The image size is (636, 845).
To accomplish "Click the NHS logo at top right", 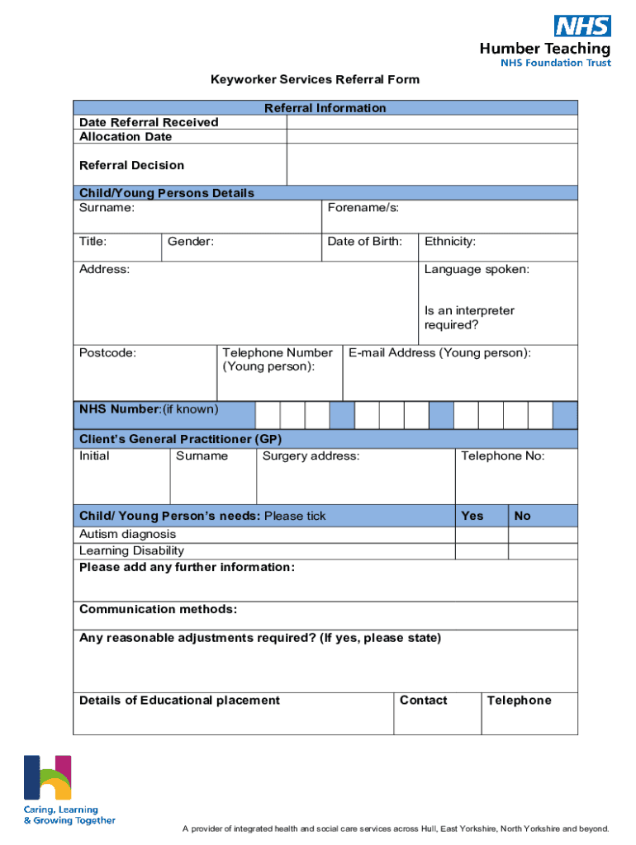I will [x=582, y=26].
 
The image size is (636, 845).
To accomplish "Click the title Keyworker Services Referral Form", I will [x=315, y=80].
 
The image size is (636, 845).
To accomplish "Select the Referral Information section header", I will [x=325, y=108].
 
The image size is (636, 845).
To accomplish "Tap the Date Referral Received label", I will [x=149, y=122].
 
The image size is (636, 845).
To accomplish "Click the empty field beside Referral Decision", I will [x=432, y=165].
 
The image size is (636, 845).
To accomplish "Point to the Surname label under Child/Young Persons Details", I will [x=107, y=208].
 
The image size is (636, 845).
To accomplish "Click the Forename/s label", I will [x=363, y=208].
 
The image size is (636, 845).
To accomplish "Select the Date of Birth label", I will [x=364, y=242].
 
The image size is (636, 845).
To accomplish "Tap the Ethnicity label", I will [x=450, y=242].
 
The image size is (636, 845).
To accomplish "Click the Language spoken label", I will [x=477, y=270].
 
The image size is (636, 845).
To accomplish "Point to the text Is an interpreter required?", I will [x=469, y=318].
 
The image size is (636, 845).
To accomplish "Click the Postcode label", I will [x=107, y=353].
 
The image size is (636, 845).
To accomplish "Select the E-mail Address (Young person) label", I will [x=439, y=353].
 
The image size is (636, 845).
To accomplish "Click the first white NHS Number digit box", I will [x=268, y=415].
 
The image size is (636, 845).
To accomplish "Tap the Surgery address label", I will [x=311, y=456].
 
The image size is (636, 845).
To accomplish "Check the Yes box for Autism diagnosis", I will [x=482, y=535].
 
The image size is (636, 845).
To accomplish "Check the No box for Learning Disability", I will [x=543, y=551].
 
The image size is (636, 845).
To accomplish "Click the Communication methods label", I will [x=158, y=610].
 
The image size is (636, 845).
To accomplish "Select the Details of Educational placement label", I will [x=179, y=701].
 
